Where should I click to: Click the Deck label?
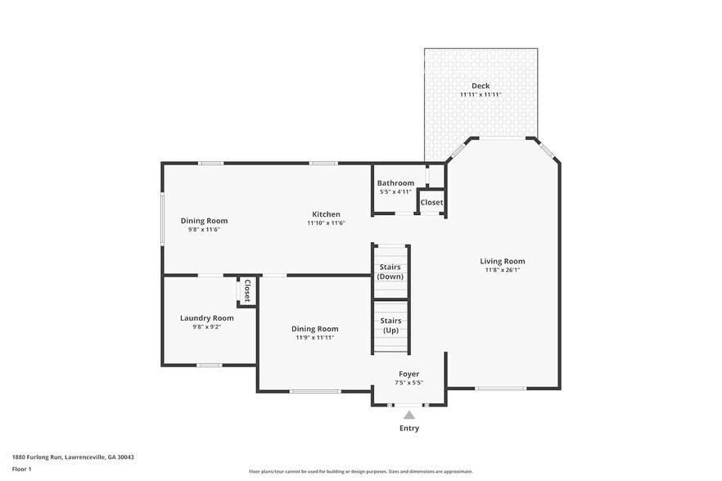coord(481,86)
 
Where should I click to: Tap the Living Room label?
coord(503,261)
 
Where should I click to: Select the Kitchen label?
coord(326,214)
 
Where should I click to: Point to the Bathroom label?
coord(395,182)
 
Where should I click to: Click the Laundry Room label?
coord(207,318)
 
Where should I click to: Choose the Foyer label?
coord(409,374)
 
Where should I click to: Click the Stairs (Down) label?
coord(390,272)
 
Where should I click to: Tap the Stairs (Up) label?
coord(390,326)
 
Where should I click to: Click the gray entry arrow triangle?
coord(409,416)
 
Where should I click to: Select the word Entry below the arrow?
coord(409,428)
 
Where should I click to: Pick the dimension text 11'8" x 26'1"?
coord(503,270)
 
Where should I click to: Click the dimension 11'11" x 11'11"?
coord(481,94)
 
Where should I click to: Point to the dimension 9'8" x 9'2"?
coord(207,327)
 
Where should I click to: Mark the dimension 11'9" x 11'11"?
coord(315,337)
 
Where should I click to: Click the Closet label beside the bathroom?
coord(431,203)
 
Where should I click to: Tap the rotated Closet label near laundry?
coord(247,290)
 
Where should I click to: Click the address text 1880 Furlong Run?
coord(38,457)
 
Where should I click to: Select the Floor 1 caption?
coord(21,470)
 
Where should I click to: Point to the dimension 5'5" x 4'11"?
coord(395,192)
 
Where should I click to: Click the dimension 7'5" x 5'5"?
coord(409,383)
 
